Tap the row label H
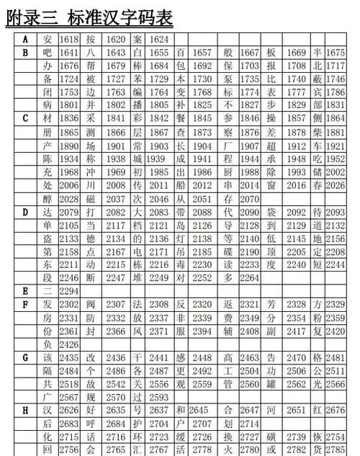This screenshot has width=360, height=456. (x=25, y=410)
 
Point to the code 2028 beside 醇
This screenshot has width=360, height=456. (x=70, y=199)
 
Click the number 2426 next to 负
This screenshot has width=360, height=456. (x=70, y=344)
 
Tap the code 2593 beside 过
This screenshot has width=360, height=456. (x=159, y=397)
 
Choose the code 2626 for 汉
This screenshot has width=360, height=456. (x=70, y=410)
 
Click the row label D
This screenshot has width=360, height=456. (x=25, y=212)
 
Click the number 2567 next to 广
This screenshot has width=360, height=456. (x=70, y=397)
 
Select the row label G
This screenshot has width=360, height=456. (x=25, y=357)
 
